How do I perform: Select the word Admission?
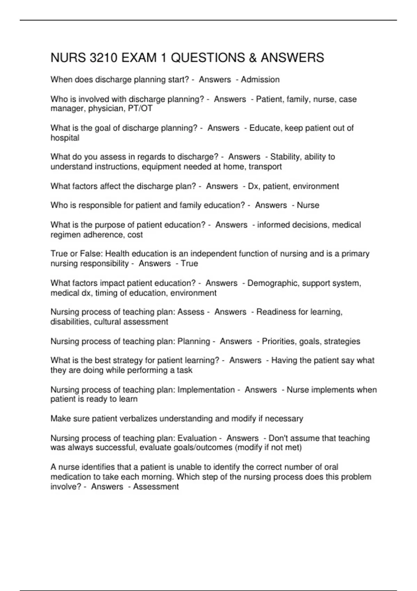[x=260, y=80]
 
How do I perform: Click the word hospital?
[x=65, y=138]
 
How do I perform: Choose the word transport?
[x=265, y=167]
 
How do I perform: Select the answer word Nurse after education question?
[x=308, y=205]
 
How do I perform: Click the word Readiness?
[x=276, y=312]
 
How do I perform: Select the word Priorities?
[x=278, y=341]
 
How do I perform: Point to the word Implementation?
[x=206, y=390]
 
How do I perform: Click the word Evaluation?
[x=197, y=438]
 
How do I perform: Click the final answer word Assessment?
[x=156, y=487]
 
